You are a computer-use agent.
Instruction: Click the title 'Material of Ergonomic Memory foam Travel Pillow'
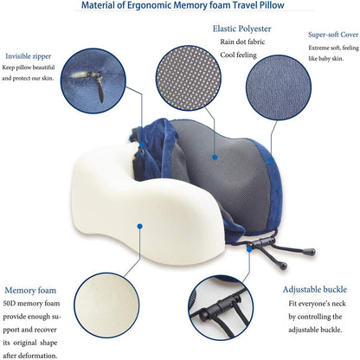pos(179,8)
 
